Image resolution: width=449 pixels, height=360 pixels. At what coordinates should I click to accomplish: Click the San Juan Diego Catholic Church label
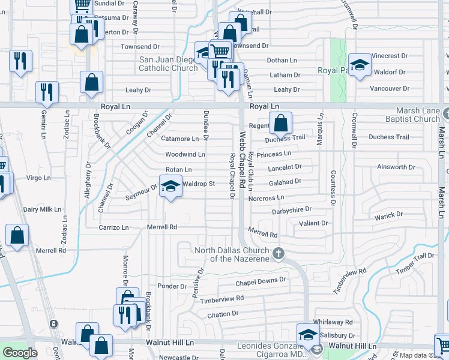[x=168, y=64]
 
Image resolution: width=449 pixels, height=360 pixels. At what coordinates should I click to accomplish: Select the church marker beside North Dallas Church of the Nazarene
[x=278, y=253]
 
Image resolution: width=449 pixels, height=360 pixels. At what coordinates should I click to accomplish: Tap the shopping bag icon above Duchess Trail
[x=280, y=124]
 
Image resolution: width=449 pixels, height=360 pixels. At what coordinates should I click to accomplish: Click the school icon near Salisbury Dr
[x=307, y=335]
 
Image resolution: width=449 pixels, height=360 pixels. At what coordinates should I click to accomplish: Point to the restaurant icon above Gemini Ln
[x=47, y=92]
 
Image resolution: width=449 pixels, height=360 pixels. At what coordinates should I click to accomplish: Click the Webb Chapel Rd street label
[x=242, y=162]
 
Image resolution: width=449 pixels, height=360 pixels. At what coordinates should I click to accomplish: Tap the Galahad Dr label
[x=285, y=181]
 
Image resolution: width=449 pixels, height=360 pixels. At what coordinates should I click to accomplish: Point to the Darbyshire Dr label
[x=292, y=210]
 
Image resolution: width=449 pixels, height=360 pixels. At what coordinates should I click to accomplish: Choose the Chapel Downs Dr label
[x=261, y=280]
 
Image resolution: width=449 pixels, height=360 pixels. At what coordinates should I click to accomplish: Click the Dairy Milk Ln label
[x=42, y=210]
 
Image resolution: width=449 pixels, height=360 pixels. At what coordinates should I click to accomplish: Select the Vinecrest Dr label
[x=389, y=56]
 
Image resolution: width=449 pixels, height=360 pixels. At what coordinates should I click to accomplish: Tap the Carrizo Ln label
[x=114, y=228]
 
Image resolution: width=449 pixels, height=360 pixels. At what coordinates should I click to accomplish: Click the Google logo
[x=20, y=353]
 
